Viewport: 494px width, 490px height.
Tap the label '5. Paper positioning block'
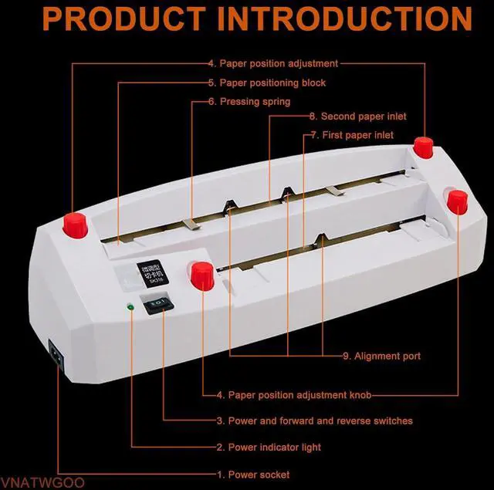(266, 83)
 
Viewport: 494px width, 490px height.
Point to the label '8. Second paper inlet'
(357, 117)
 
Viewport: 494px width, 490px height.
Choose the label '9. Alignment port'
(381, 357)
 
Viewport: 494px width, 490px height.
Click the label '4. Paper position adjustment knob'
(293, 395)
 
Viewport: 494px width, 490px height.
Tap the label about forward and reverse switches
(314, 421)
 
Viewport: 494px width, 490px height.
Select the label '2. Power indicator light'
(269, 447)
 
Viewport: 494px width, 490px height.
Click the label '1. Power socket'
(253, 474)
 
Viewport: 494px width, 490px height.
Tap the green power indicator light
(132, 309)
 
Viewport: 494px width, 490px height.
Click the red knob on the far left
(73, 226)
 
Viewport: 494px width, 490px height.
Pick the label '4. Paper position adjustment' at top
(272, 64)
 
